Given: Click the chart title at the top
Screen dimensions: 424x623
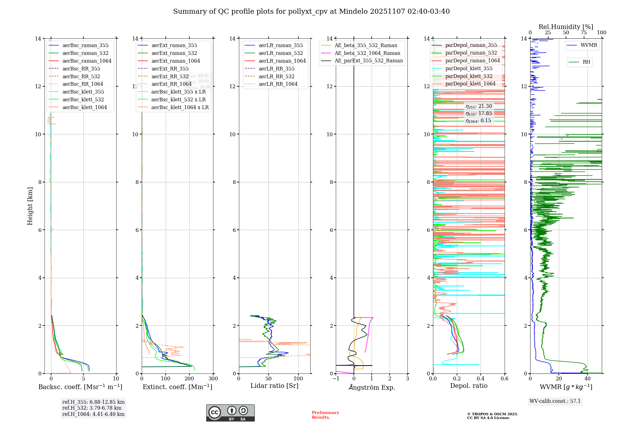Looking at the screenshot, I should tap(311, 12).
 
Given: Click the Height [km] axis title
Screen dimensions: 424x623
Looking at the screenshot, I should tap(30, 206).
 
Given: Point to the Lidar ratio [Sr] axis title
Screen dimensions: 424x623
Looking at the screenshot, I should tap(274, 386).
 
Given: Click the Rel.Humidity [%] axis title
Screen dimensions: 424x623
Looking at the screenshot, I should tap(566, 27).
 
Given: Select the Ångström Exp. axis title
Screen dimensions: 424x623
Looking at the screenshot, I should tap(372, 387).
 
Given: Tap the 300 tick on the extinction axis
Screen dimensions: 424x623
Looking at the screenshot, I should tap(213, 379).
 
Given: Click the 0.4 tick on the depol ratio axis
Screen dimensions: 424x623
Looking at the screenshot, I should tap(481, 379).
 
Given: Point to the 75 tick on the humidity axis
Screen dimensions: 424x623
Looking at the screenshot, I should tap(584, 33).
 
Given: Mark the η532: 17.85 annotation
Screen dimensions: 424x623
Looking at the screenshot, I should tap(479, 113).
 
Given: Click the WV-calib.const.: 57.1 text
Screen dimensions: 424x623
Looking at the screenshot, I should tap(555, 401).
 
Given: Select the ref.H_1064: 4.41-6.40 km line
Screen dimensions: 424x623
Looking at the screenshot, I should tap(93, 414).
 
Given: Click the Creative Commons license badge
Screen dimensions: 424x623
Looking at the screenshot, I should tap(230, 413).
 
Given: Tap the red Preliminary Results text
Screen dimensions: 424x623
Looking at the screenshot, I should tap(325, 415).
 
